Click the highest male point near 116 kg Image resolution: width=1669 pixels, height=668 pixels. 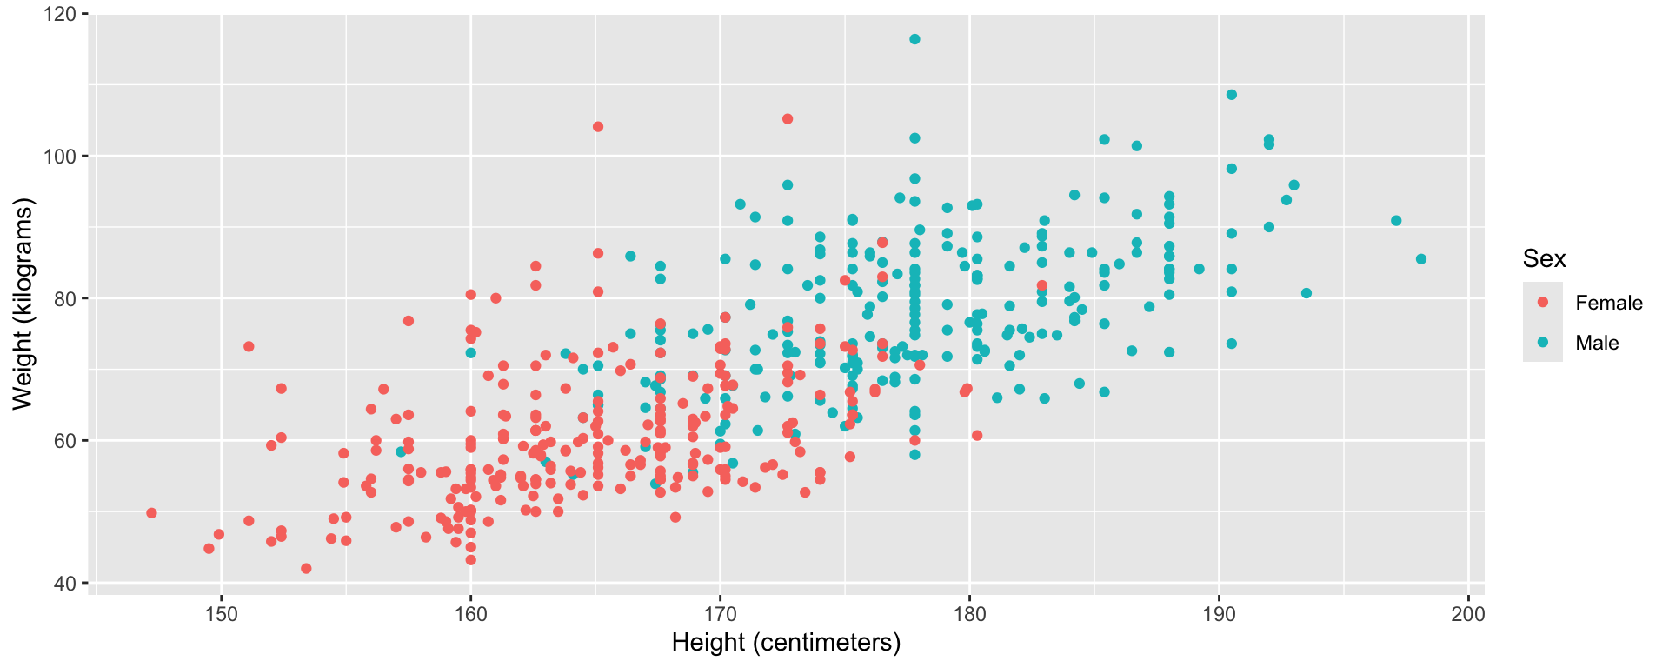coord(914,39)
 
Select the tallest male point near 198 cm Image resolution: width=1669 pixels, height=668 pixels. coord(1421,259)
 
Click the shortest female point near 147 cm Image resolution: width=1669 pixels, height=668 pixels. coord(151,513)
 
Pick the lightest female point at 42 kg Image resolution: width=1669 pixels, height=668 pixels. coord(306,569)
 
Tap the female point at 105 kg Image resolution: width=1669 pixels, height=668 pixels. coord(788,119)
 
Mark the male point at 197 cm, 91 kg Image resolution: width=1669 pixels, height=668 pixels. coord(1396,221)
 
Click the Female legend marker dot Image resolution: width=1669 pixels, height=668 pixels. coord(1543,303)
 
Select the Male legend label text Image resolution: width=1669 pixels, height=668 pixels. coord(1597,343)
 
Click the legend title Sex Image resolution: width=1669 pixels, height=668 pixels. coord(1544,258)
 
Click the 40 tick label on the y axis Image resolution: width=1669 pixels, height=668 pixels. coord(64,583)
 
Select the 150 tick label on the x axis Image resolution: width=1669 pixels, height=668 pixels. coord(221,613)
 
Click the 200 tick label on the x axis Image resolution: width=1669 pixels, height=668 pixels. coord(1468,613)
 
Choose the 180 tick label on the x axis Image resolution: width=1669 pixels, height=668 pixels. coord(969,613)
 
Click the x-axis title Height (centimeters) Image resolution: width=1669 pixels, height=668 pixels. coord(786,643)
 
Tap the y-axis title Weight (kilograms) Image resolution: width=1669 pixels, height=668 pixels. coord(23,304)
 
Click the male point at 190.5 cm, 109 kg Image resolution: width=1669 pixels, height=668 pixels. coord(1232,95)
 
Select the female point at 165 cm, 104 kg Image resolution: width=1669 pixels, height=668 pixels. coord(598,127)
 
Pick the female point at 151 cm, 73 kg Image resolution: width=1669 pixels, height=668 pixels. coord(249,346)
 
